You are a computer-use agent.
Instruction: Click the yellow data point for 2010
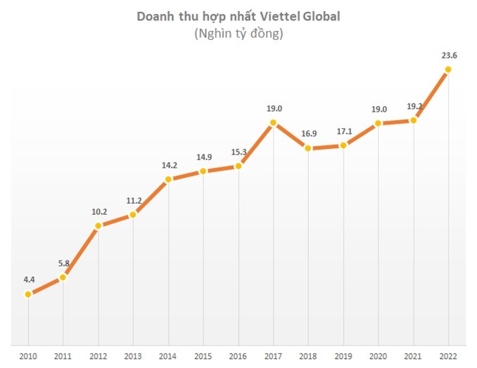[x=27, y=294]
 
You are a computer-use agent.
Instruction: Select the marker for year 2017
[x=273, y=124]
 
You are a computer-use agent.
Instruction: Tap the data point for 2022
[x=448, y=69]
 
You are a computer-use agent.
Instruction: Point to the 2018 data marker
[x=308, y=148]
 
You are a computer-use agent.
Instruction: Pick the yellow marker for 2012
[x=98, y=226]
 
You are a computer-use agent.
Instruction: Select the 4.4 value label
[x=28, y=279]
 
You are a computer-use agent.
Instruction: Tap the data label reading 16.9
[x=308, y=133]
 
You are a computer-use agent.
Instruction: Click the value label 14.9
[x=203, y=156]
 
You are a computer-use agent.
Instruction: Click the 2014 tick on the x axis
[x=168, y=355]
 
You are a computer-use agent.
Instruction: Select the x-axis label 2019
[x=343, y=355]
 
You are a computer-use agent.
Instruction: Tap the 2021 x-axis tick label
[x=413, y=355]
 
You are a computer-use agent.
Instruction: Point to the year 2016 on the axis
[x=238, y=355]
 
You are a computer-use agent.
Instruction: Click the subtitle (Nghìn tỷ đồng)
[x=238, y=33]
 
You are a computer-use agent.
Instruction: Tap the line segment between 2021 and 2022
[x=431, y=95]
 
